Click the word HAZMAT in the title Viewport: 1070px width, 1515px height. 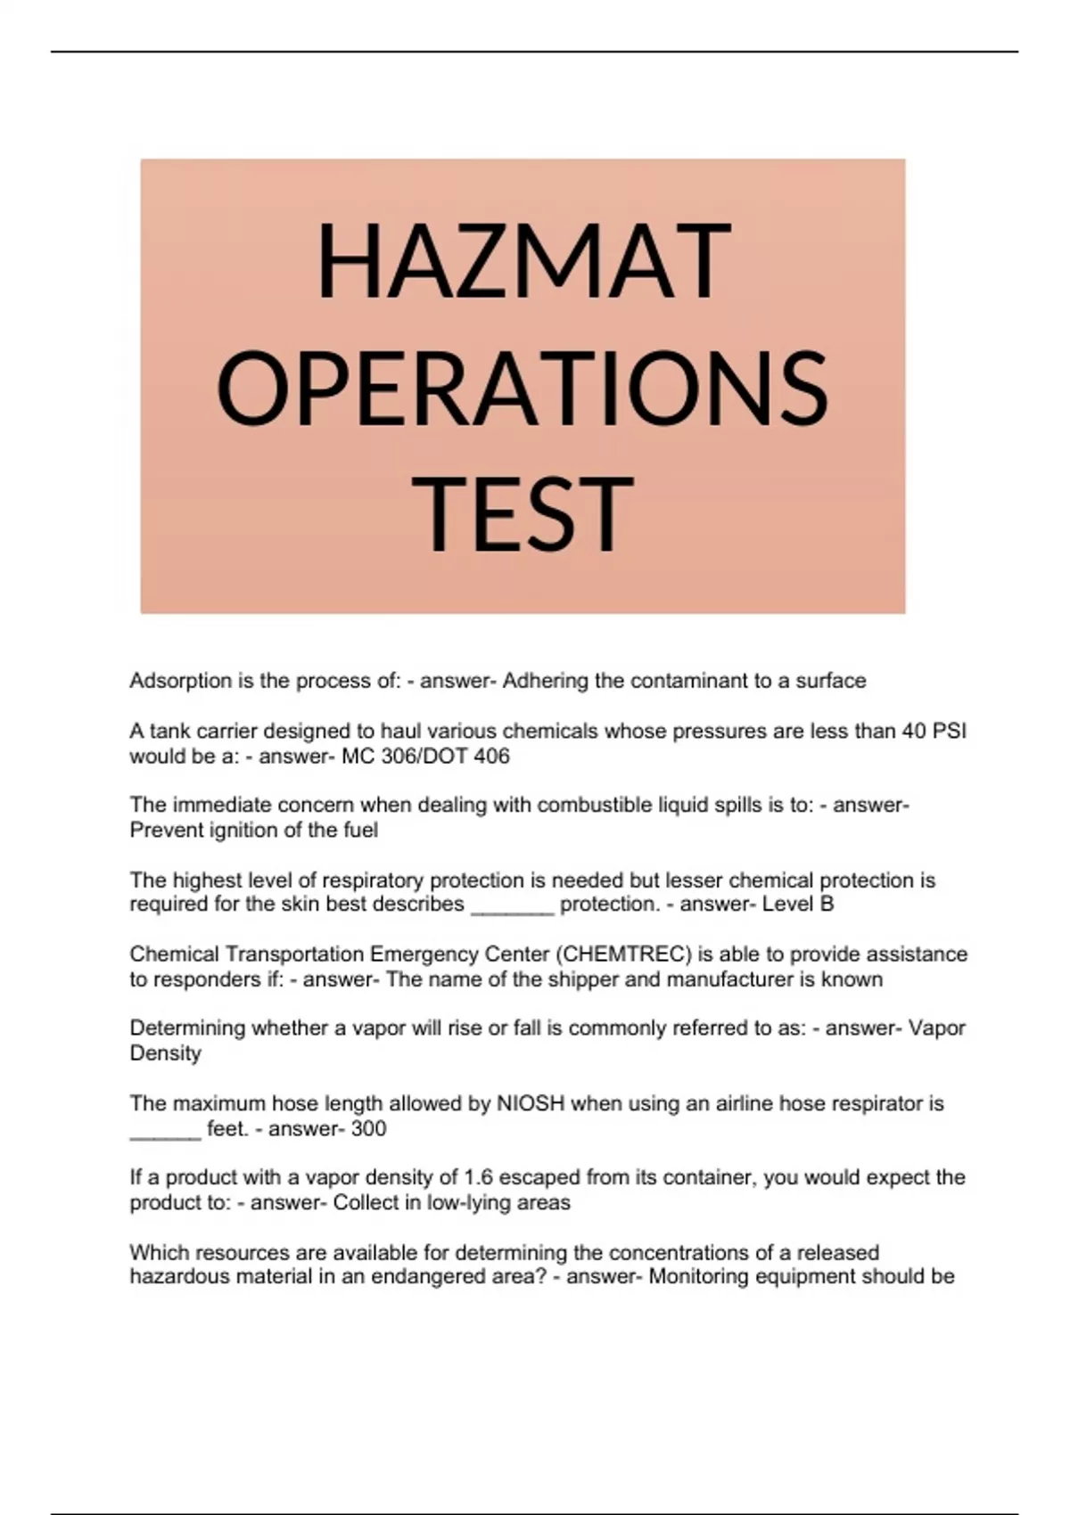pos(523,260)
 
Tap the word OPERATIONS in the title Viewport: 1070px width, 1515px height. pos(523,388)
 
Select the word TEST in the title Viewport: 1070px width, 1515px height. pos(523,514)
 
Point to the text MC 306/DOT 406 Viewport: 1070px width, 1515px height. pos(426,757)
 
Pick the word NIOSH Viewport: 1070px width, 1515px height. pos(531,1103)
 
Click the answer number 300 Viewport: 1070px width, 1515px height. pos(368,1129)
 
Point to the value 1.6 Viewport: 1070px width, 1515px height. pos(479,1177)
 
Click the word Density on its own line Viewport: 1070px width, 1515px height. pos(166,1053)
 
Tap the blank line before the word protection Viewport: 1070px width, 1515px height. pos(512,907)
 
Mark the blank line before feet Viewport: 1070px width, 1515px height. pos(166,1132)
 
